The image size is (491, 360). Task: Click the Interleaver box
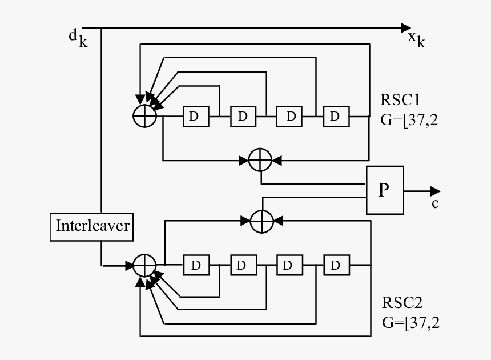pyautogui.click(x=92, y=226)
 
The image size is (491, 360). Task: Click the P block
pyautogui.click(x=384, y=190)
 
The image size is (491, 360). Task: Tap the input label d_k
pyautogui.click(x=78, y=37)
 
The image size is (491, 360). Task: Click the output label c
pyautogui.click(x=435, y=204)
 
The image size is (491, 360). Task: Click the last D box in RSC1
pyautogui.click(x=335, y=117)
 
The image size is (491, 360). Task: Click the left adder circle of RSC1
pyautogui.click(x=144, y=117)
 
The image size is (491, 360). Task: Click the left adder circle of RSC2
pyautogui.click(x=144, y=266)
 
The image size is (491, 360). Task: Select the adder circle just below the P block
pyautogui.click(x=262, y=219)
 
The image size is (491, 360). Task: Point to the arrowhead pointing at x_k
pyautogui.click(x=405, y=27)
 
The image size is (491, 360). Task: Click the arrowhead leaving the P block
pyautogui.click(x=436, y=191)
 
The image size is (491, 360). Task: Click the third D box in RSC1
pyautogui.click(x=290, y=117)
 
